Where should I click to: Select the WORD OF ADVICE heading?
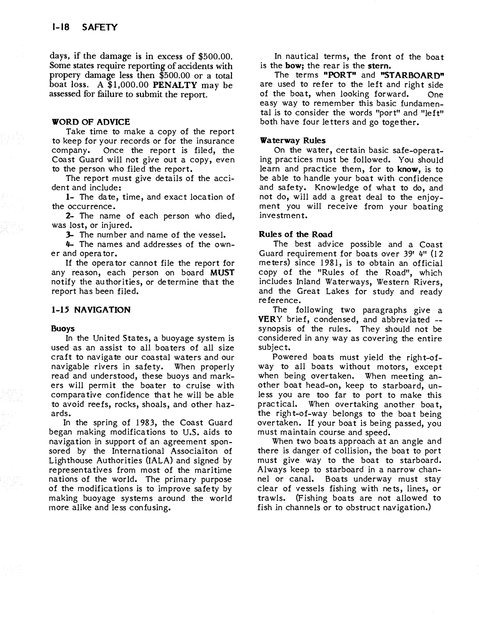pos(91,122)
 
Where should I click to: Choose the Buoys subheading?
pos(63,329)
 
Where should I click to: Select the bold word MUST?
pos(222,273)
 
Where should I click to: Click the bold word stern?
pos(379,66)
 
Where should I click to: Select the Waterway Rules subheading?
pos(293,141)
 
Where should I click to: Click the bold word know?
pos(408,169)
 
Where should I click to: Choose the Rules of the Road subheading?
pos(295,234)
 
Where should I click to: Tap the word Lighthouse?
pos(71,460)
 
